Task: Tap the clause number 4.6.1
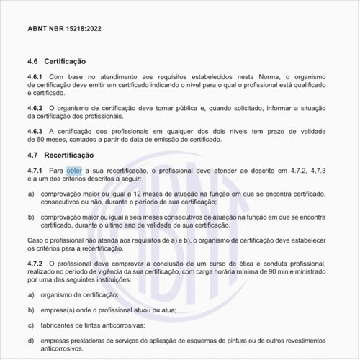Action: point(36,76)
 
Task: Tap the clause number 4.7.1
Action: point(36,170)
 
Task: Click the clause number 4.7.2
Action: point(36,264)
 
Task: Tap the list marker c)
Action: point(31,325)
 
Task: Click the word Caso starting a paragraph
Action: point(35,240)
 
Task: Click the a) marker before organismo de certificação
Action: point(31,294)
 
